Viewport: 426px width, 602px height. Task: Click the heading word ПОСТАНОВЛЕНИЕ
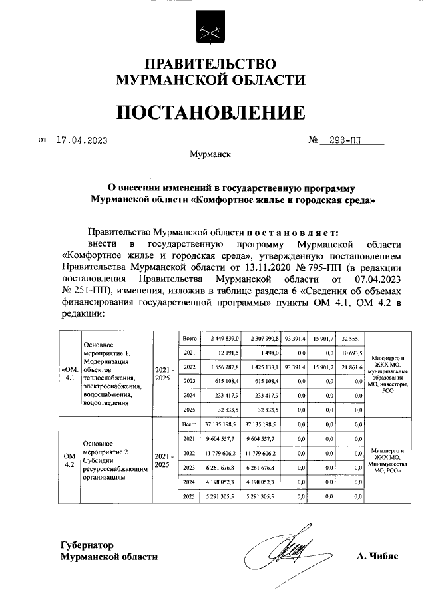coord(211,112)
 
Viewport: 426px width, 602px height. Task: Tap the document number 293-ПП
coord(350,141)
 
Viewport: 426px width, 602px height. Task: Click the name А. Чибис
coord(377,556)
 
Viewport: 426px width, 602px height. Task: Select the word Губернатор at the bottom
coord(87,544)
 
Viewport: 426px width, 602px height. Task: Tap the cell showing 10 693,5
coord(351,353)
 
